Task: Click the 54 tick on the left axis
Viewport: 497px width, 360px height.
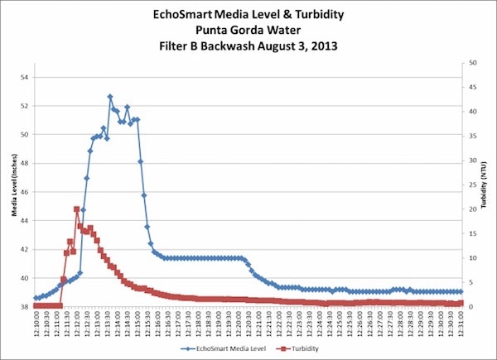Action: [x=22, y=77]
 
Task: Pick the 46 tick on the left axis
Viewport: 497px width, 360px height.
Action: [x=22, y=192]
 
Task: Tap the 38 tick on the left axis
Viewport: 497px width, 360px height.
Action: [x=22, y=306]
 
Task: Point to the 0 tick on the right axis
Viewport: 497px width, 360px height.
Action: [x=470, y=306]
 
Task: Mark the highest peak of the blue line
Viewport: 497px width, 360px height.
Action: [x=110, y=97]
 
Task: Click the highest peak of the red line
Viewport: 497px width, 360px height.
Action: [x=76, y=209]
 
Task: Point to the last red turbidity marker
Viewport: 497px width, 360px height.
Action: [x=461, y=303]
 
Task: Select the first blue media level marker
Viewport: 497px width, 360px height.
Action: [x=36, y=298]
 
